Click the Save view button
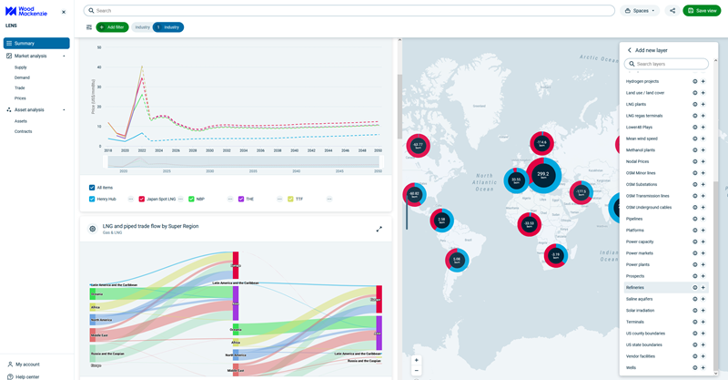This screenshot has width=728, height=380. [x=702, y=11]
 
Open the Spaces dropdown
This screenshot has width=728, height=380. [x=640, y=11]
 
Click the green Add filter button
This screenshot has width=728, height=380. [x=112, y=27]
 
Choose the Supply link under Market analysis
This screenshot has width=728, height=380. [x=21, y=67]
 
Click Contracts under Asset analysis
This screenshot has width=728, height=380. [x=24, y=131]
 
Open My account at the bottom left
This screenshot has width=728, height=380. [x=27, y=365]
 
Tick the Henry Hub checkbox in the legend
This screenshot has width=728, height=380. [x=93, y=199]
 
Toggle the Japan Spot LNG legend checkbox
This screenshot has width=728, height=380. [x=142, y=199]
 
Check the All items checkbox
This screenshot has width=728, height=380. [x=93, y=188]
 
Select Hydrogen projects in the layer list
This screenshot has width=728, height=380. [x=642, y=82]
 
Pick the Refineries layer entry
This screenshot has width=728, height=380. [x=635, y=288]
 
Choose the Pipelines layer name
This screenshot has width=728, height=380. [x=634, y=219]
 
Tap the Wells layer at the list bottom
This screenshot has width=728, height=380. [x=632, y=368]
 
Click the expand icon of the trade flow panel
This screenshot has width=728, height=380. [x=379, y=229]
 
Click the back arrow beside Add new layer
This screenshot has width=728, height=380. [x=629, y=50]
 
